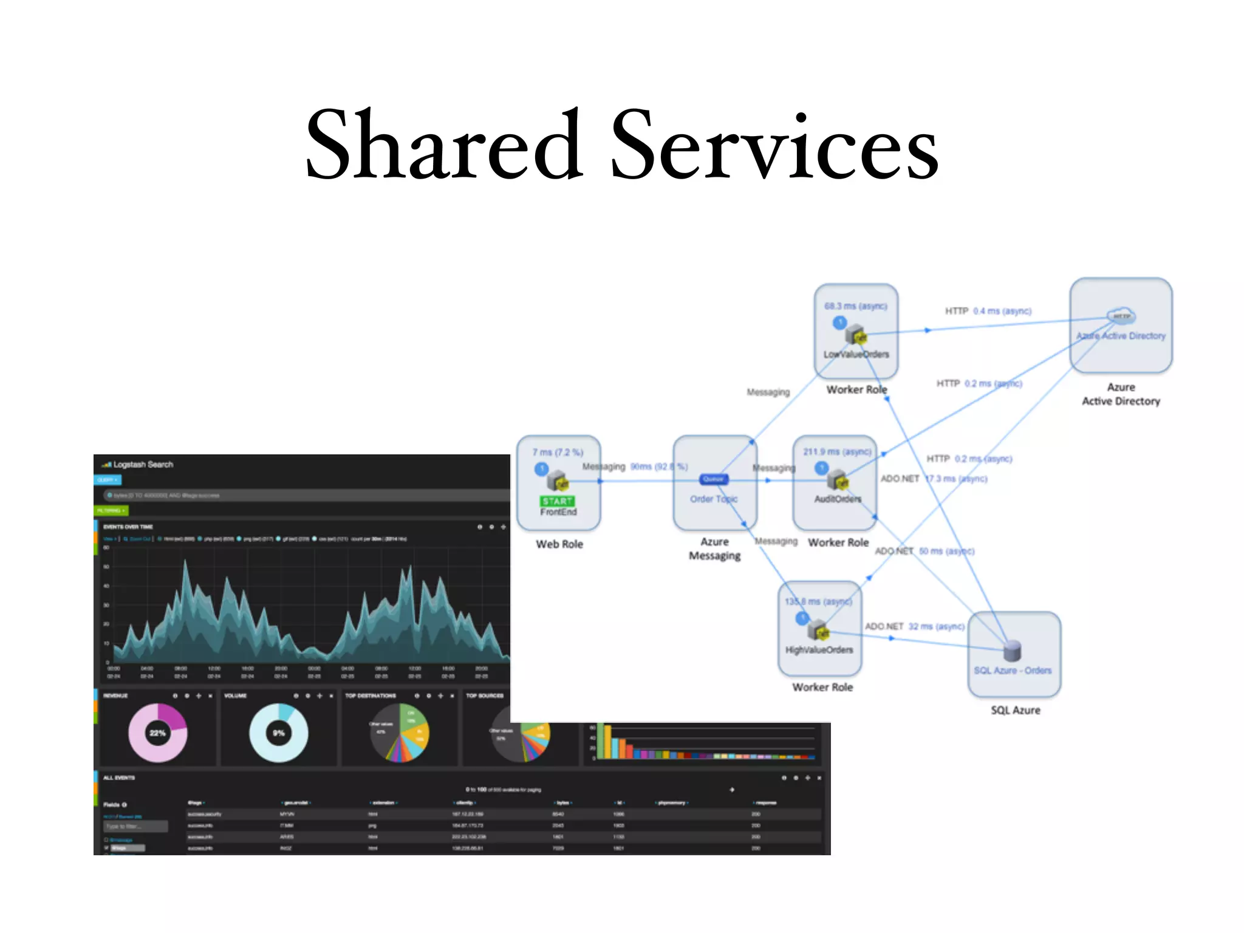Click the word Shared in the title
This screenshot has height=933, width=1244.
click(x=443, y=146)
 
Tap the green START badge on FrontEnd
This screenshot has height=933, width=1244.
click(x=557, y=501)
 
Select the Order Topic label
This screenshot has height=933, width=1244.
click(x=714, y=499)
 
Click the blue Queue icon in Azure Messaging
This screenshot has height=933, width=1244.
click(x=713, y=479)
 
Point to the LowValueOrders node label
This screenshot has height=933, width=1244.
click(x=856, y=354)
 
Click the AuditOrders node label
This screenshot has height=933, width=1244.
click(x=838, y=499)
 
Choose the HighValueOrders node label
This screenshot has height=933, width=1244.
click(x=819, y=650)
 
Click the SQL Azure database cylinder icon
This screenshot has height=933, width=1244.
click(x=1012, y=651)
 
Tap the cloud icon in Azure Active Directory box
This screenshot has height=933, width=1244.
click(x=1121, y=316)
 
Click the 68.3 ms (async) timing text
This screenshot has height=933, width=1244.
click(x=855, y=306)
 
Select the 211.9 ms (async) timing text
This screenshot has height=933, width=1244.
click(x=837, y=452)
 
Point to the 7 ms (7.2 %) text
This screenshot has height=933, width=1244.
click(x=558, y=453)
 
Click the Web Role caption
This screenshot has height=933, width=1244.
click(x=559, y=544)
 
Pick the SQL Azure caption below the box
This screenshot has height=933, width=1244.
click(x=1015, y=710)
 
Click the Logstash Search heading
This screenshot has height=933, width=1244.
click(x=143, y=465)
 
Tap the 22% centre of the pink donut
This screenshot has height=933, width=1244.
click(x=157, y=733)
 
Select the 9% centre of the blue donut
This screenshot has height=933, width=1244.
click(x=278, y=733)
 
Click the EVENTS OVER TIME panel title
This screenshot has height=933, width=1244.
click(x=128, y=527)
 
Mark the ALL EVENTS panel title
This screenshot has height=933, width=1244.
click(x=119, y=777)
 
